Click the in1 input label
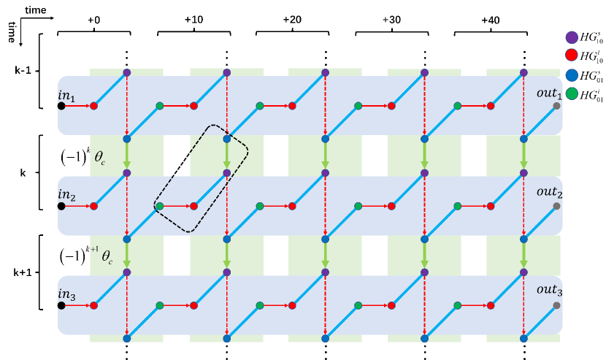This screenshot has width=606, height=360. tap(67, 96)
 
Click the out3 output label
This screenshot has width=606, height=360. tap(550, 290)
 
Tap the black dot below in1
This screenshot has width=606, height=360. tap(61, 106)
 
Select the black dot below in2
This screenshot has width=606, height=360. tap(61, 206)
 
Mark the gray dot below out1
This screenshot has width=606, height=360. tap(557, 106)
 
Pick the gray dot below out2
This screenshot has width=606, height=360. tap(557, 206)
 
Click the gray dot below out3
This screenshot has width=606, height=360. tap(557, 305)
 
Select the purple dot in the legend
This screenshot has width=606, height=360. tap(572, 37)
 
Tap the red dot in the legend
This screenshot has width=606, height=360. tap(572, 55)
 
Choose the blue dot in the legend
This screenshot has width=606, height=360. tap(572, 74)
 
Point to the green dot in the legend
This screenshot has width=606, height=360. tap(572, 93)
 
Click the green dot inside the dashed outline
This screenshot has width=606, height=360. tap(160, 206)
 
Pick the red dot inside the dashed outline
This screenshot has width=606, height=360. tap(193, 206)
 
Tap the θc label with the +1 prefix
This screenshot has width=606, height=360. tap(104, 256)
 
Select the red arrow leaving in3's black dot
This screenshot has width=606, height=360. tap(77, 305)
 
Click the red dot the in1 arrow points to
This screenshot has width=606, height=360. tap(93, 106)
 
